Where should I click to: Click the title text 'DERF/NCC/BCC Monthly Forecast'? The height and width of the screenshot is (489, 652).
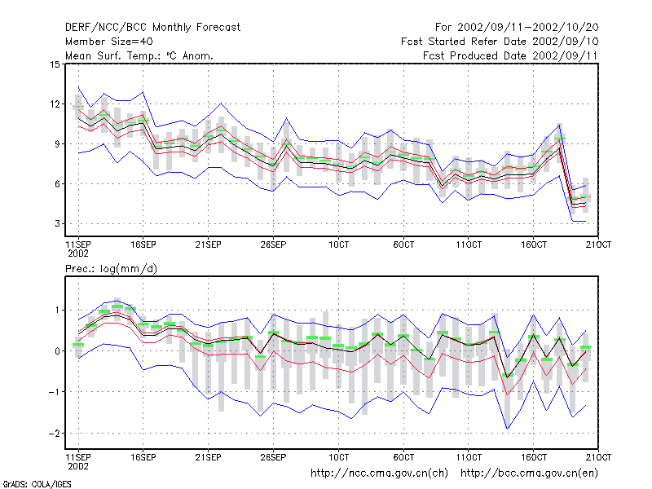pos(152,28)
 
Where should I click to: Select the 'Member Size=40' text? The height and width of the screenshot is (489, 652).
pos(109,42)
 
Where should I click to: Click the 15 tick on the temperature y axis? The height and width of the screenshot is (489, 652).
pos(55,64)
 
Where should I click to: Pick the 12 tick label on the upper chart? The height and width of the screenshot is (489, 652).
pos(55,104)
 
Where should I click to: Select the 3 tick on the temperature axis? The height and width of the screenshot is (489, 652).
pos(57,223)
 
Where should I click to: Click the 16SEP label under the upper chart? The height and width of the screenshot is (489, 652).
pos(143,245)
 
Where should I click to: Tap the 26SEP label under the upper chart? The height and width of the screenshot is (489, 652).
pos(273,245)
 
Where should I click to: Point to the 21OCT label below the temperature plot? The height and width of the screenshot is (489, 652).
pos(598,245)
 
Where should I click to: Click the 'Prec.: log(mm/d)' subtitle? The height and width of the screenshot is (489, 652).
pos(111,269)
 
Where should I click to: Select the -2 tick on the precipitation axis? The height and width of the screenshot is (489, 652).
pos(54,434)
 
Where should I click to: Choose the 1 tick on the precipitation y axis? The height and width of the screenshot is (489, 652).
pos(58,311)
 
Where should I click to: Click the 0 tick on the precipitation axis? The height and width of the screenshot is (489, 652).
pos(57,351)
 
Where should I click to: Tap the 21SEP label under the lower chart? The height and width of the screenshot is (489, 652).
pos(208,457)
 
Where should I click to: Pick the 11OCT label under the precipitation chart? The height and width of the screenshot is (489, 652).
pos(469,457)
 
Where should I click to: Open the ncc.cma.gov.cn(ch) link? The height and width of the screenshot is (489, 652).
pos(379,474)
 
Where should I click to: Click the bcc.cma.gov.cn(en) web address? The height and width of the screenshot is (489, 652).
pos(529,474)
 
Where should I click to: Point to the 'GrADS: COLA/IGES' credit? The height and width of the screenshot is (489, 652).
pos(37,484)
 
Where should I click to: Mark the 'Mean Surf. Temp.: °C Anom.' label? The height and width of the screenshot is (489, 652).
pos(139,55)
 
